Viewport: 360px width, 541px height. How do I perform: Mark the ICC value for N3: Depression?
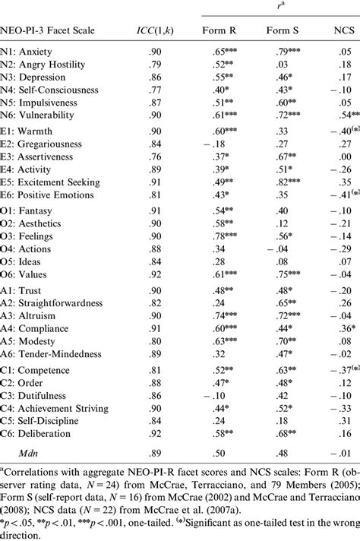[155, 77]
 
